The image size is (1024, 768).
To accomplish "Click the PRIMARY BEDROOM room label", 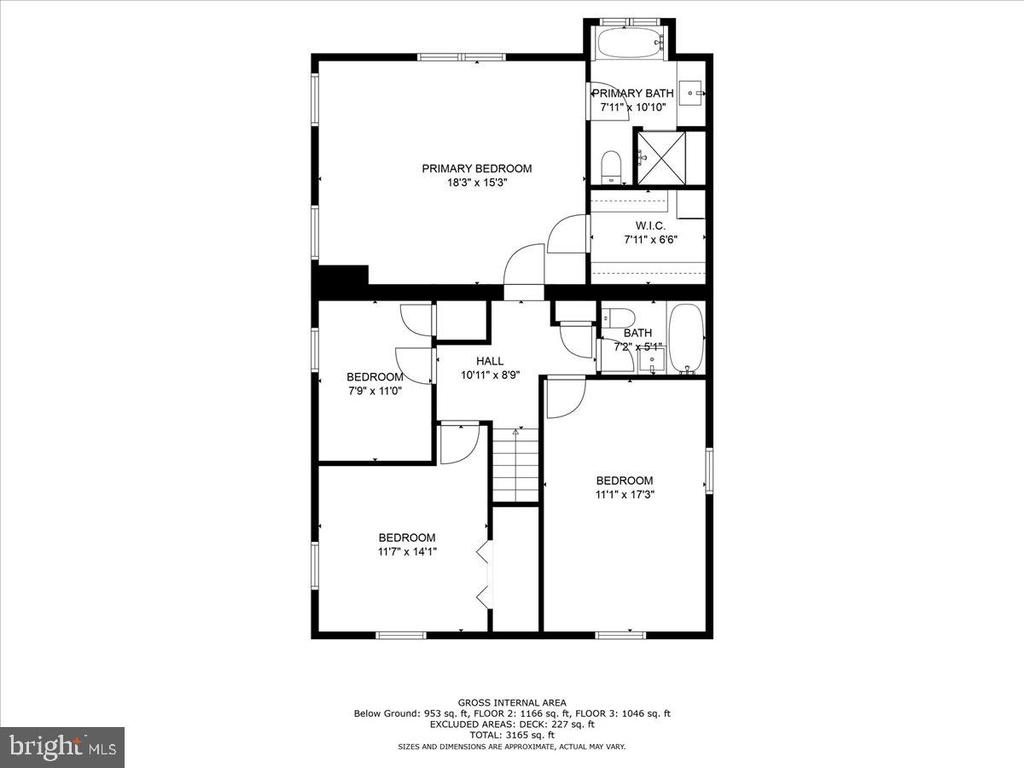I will tap(476, 168).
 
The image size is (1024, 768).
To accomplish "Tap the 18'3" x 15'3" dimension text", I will tap(476, 182).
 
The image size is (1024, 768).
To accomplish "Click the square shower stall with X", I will tap(661, 157).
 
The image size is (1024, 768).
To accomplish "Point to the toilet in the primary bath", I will tap(611, 166).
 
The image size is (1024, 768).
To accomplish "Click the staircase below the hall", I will tap(515, 466).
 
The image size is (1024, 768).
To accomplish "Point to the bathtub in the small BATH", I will tap(685, 339).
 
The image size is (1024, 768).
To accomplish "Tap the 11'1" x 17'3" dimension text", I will tap(625, 494).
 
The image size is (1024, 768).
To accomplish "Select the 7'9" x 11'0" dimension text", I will tap(375, 391).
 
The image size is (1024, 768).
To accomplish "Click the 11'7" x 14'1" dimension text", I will tap(407, 551).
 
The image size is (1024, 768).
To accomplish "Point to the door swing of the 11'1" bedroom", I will tap(565, 398).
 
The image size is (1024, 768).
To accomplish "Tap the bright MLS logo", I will tap(62, 747).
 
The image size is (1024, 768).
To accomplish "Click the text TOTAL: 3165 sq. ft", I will tap(511, 735).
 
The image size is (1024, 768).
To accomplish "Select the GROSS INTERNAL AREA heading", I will tap(511, 702).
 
